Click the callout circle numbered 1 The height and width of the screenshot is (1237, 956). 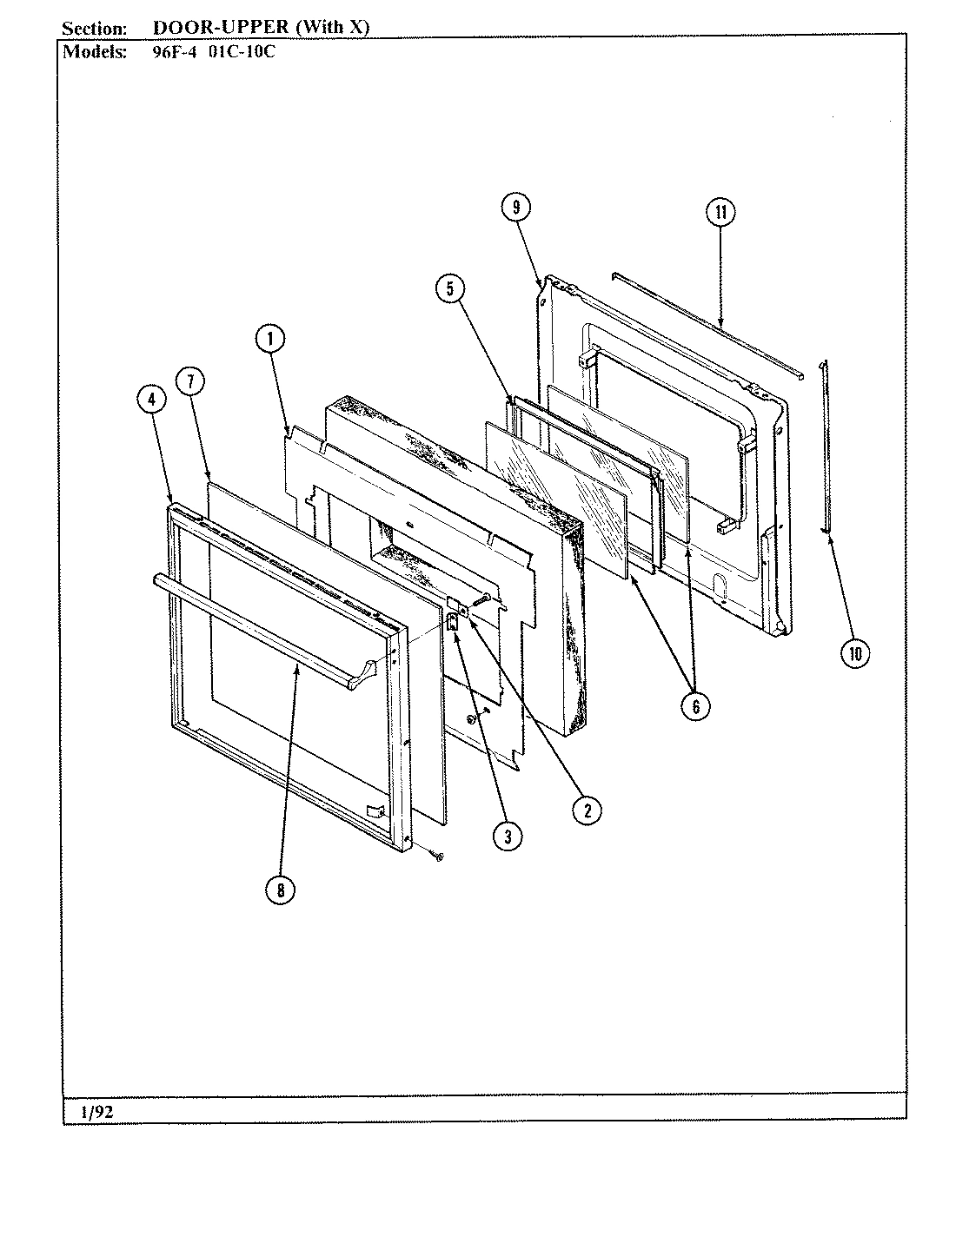pyautogui.click(x=269, y=340)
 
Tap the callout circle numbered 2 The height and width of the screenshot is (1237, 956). pyautogui.click(x=587, y=810)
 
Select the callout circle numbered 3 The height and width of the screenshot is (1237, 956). pyautogui.click(x=508, y=836)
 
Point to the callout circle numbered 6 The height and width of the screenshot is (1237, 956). pyautogui.click(x=695, y=706)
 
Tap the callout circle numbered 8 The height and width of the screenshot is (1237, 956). pyautogui.click(x=281, y=890)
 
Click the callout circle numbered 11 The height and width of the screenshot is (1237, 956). pyautogui.click(x=720, y=213)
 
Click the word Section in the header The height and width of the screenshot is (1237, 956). pyautogui.click(x=93, y=28)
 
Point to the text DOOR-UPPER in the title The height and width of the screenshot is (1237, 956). pyautogui.click(x=222, y=27)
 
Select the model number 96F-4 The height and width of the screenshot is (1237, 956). pyautogui.click(x=164, y=50)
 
